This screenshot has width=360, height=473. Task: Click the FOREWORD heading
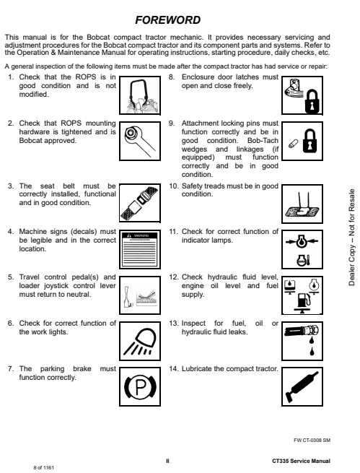pyautogui.click(x=167, y=20)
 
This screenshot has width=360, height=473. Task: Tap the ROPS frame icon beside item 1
pyautogui.click(x=140, y=95)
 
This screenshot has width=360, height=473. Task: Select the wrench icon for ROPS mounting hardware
pyautogui.click(x=140, y=141)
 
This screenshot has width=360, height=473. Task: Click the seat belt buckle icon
pyautogui.click(x=140, y=204)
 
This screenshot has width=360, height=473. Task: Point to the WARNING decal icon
pyautogui.click(x=140, y=249)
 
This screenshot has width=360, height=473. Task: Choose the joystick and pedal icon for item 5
pyautogui.click(x=140, y=295)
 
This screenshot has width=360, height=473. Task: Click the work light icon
pyautogui.click(x=140, y=341)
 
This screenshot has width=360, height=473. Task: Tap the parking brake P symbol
pyautogui.click(x=140, y=387)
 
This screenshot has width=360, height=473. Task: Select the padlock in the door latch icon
pyautogui.click(x=312, y=101)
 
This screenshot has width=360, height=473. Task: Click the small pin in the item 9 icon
pyautogui.click(x=293, y=144)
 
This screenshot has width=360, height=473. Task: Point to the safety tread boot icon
pyautogui.click(x=302, y=204)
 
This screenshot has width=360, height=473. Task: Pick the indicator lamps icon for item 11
pyautogui.click(x=302, y=249)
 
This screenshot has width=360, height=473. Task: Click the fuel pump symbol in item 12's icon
pyautogui.click(x=302, y=300)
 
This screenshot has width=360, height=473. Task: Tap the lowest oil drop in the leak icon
pyautogui.click(x=312, y=351)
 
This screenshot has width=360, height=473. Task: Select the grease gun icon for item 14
pyautogui.click(x=302, y=387)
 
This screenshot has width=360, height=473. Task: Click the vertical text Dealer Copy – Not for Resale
pyautogui.click(x=351, y=237)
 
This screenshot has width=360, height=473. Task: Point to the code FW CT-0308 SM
pyautogui.click(x=312, y=440)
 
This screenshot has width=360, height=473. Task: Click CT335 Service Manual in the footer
pyautogui.click(x=301, y=461)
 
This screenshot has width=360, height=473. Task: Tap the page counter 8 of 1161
pyautogui.click(x=44, y=467)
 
